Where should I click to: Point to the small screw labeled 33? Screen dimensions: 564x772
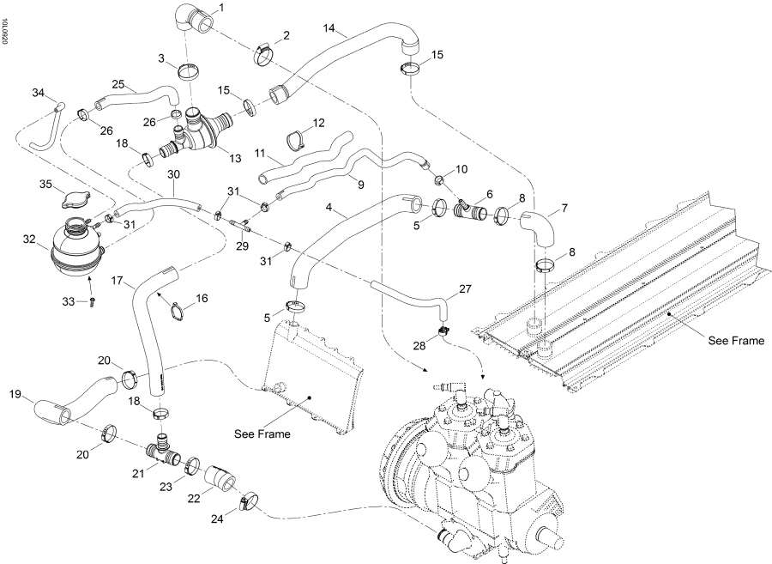click(92, 301)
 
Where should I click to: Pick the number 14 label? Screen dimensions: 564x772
click(329, 29)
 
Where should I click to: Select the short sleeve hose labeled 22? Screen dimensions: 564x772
click(219, 478)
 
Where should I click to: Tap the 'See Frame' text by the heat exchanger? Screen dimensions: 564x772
click(736, 341)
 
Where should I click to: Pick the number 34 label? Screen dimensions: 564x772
click(37, 92)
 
